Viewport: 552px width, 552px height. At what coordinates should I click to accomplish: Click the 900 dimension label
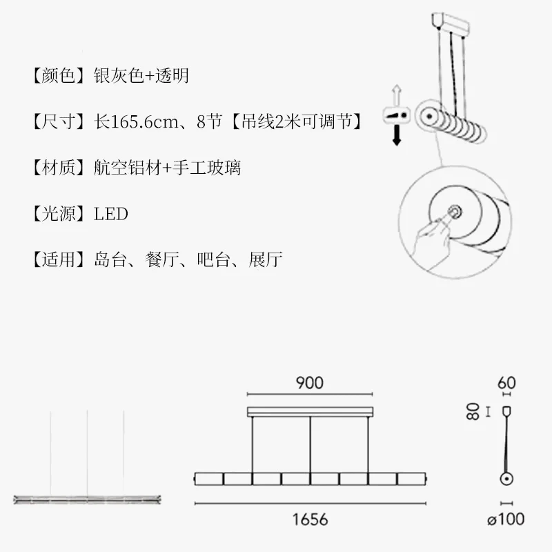click(x=309, y=383)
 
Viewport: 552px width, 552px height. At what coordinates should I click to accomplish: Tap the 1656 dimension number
click(x=310, y=520)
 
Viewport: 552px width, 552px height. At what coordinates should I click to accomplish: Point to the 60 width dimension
click(x=506, y=383)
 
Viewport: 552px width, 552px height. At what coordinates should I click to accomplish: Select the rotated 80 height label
click(x=473, y=411)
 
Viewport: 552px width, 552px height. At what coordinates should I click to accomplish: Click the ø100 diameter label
click(x=506, y=520)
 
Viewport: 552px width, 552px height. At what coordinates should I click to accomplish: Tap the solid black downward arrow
click(x=397, y=135)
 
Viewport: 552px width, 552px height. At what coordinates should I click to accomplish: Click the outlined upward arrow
click(x=397, y=93)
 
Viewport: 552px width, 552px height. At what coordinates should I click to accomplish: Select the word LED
click(x=111, y=214)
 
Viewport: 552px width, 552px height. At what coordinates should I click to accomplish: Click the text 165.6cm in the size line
click(x=145, y=122)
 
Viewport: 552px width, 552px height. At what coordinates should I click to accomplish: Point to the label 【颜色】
click(x=59, y=75)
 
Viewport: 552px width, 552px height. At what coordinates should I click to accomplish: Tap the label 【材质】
click(x=59, y=168)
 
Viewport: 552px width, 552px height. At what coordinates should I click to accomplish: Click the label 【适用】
click(x=59, y=260)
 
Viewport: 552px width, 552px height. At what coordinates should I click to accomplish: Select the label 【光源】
click(x=59, y=214)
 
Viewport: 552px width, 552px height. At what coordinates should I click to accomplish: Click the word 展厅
click(x=265, y=260)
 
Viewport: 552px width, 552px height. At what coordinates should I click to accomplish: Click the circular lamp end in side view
click(x=506, y=479)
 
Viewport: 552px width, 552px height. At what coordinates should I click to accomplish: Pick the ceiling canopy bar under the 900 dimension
click(x=310, y=412)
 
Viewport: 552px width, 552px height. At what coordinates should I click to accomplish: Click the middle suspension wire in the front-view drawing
click(x=310, y=445)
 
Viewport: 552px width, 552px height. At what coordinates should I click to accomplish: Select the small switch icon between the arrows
click(x=397, y=115)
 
